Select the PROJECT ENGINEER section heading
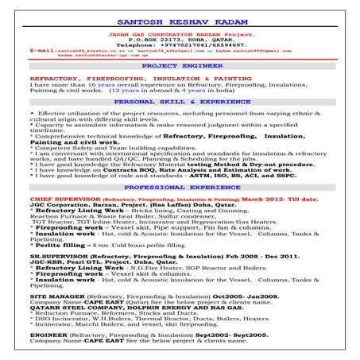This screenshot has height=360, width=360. pos(179,68)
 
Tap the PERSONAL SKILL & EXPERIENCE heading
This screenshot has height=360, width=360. pos(180,103)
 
